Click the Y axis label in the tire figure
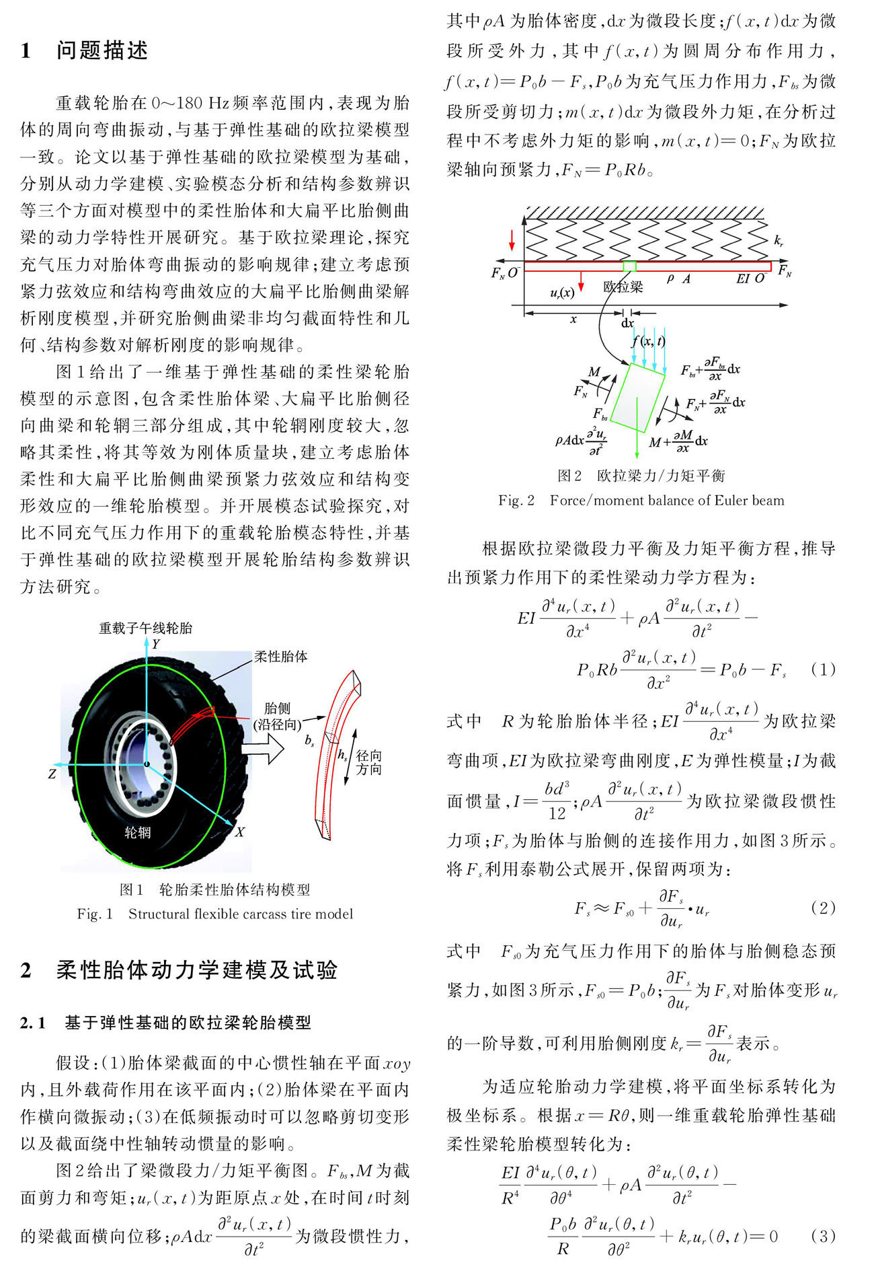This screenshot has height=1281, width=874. pyautogui.click(x=156, y=645)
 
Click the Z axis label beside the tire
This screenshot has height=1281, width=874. pyautogui.click(x=52, y=774)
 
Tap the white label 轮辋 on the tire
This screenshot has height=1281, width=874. pyautogui.click(x=138, y=832)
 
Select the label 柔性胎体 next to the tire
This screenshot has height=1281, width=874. pyautogui.click(x=280, y=657)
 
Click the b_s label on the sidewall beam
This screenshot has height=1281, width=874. pyautogui.click(x=309, y=741)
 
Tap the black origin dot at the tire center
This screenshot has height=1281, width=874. pyautogui.click(x=146, y=764)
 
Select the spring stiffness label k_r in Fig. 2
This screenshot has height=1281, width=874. pyautogui.click(x=778, y=240)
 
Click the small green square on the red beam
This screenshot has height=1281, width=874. pyautogui.click(x=629, y=266)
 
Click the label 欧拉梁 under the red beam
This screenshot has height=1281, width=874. pyautogui.click(x=623, y=287)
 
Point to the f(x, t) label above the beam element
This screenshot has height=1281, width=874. pyautogui.click(x=648, y=341)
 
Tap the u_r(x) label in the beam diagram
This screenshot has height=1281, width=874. pyautogui.click(x=562, y=293)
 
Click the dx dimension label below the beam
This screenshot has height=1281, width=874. pyautogui.click(x=627, y=323)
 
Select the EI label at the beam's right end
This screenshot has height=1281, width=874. pyautogui.click(x=743, y=279)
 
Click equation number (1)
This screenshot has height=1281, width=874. pyautogui.click(x=823, y=669)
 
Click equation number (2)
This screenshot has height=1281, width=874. pyautogui.click(x=823, y=908)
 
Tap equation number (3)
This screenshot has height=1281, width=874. pyautogui.click(x=823, y=1236)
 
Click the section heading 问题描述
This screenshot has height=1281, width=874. pyautogui.click(x=102, y=51)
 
